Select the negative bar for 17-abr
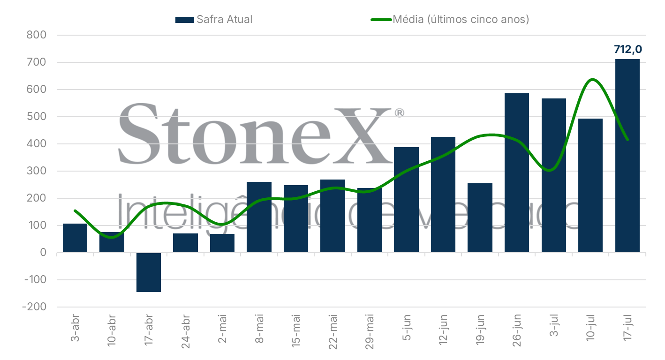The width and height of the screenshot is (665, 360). pyautogui.click(x=148, y=272)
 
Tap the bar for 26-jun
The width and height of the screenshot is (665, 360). pyautogui.click(x=517, y=173)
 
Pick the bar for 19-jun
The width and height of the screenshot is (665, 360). pyautogui.click(x=480, y=218)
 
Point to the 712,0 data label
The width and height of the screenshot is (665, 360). pyautogui.click(x=627, y=49)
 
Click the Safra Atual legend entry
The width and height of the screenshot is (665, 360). pyautogui.click(x=214, y=20)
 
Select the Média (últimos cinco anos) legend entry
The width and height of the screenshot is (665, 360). pyautogui.click(x=450, y=20)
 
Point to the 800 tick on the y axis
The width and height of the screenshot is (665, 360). pyautogui.click(x=37, y=35)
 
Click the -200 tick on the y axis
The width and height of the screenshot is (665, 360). pyautogui.click(x=34, y=307)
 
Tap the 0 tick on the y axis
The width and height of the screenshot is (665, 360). pyautogui.click(x=44, y=253)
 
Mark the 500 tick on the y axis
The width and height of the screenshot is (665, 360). pyautogui.click(x=37, y=117)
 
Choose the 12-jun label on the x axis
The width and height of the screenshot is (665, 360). pyautogui.click(x=443, y=327)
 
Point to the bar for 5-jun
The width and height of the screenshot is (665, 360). pyautogui.click(x=406, y=200)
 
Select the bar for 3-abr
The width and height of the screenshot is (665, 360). pyautogui.click(x=75, y=238)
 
